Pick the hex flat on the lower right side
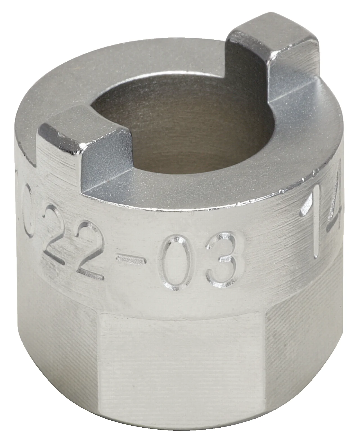307,338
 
